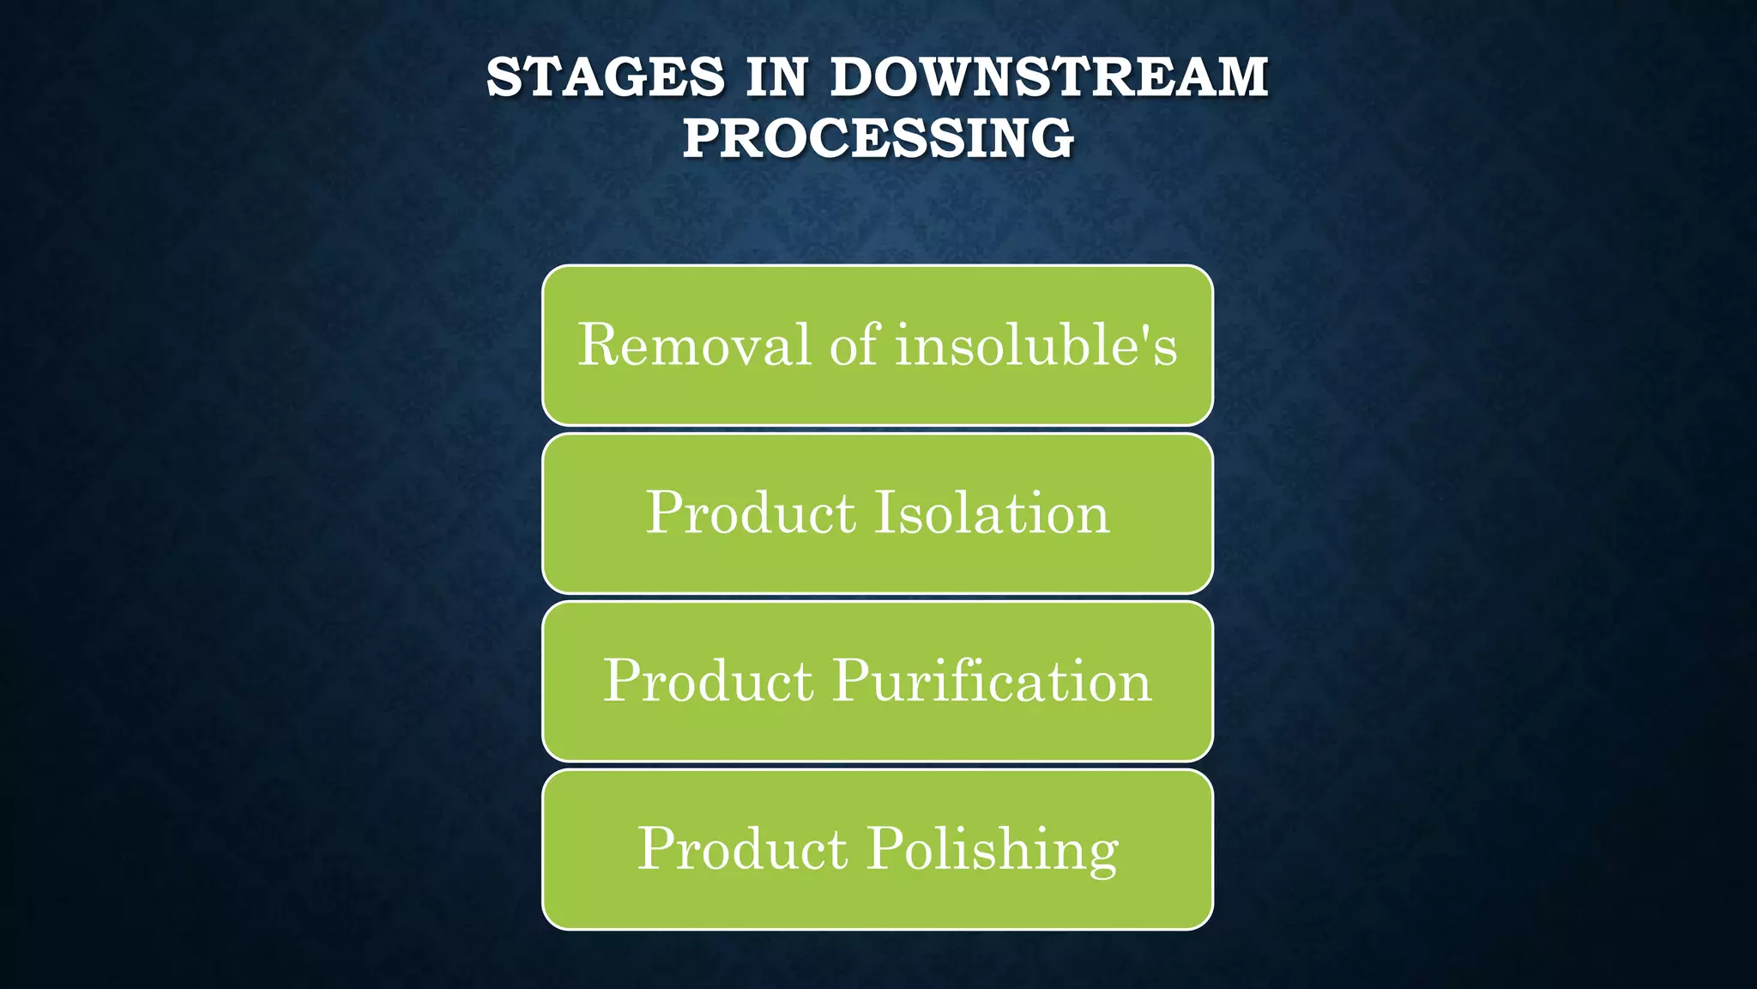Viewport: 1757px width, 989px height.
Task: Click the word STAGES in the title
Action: click(606, 77)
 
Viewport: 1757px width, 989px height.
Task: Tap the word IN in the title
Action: click(776, 77)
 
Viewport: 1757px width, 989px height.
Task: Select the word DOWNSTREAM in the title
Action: click(1048, 77)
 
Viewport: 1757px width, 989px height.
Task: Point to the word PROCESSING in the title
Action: click(878, 138)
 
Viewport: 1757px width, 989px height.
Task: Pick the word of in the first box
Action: click(854, 345)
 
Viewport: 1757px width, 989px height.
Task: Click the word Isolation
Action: click(992, 513)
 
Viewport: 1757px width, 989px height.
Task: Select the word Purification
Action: click(992, 681)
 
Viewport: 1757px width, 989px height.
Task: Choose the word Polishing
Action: click(992, 849)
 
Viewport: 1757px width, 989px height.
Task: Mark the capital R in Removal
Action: click(598, 345)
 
